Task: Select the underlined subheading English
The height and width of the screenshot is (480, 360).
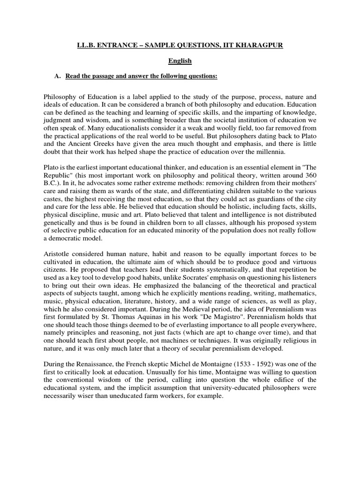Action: [x=180, y=60]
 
